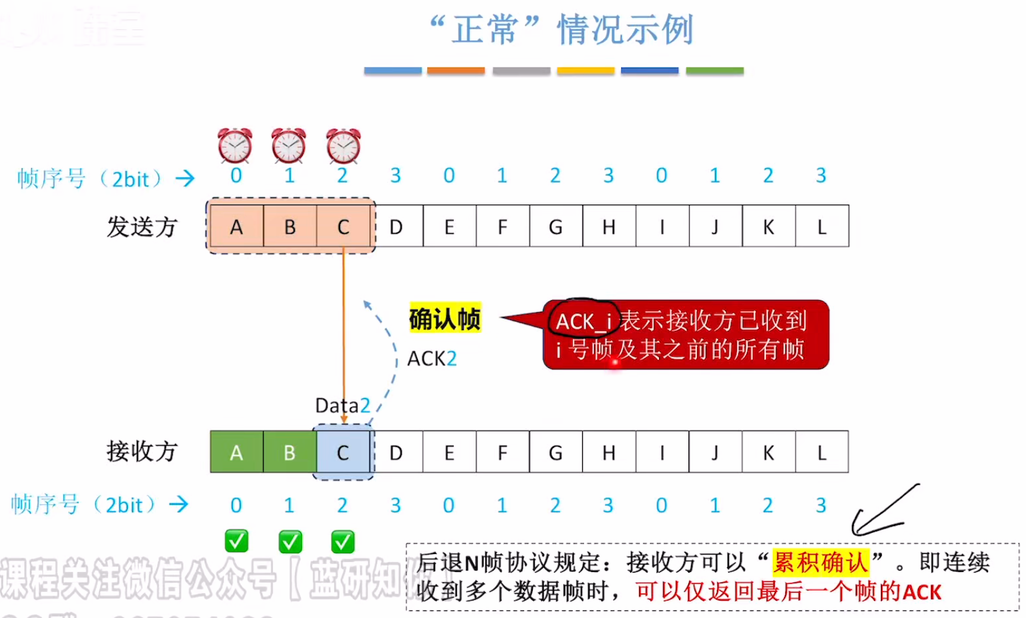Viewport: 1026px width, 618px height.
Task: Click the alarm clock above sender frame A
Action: pos(235,145)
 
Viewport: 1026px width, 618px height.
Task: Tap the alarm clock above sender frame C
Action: pos(343,145)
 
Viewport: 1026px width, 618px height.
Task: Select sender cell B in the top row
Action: pos(290,226)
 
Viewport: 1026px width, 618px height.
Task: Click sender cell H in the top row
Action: pos(609,226)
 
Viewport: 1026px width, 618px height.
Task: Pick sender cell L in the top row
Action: pos(821,226)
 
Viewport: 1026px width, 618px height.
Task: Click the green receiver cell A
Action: pos(236,452)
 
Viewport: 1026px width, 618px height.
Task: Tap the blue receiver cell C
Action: pos(343,452)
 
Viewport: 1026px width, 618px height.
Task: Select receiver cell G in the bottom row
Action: pos(555,452)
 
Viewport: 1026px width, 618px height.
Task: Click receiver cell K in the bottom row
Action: pos(768,452)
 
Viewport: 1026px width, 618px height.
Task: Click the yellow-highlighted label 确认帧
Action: pos(445,319)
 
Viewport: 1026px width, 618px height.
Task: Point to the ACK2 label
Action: pos(432,359)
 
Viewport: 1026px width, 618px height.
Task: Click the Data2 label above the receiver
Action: pos(343,405)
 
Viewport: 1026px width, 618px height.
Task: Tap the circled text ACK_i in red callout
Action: pos(583,321)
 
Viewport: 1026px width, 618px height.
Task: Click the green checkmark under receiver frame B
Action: pos(290,542)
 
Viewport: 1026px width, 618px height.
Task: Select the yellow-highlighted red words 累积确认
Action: pos(820,563)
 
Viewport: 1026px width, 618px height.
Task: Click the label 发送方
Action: pos(142,227)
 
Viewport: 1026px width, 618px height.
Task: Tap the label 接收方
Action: pos(142,451)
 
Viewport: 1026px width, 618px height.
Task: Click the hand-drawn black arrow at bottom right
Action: pos(883,513)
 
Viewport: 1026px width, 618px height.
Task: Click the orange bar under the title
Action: pos(456,71)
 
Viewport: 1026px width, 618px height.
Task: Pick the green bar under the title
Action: pos(714,71)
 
